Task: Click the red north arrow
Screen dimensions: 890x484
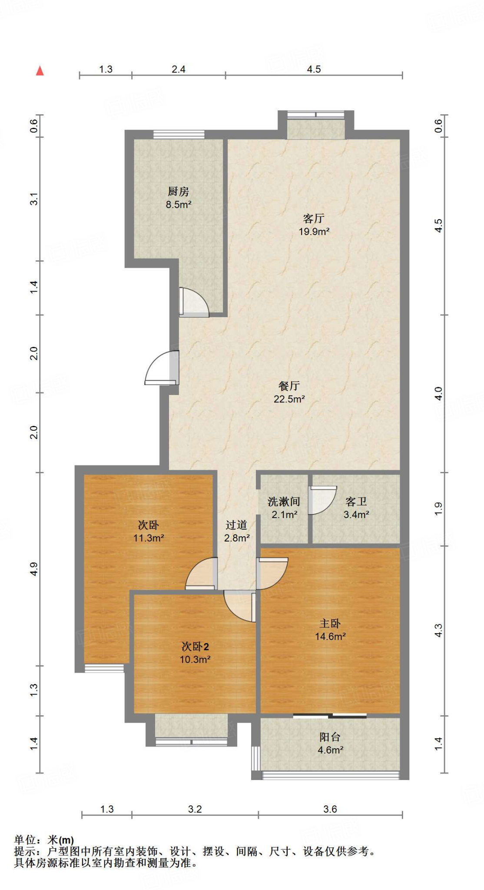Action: click(40, 70)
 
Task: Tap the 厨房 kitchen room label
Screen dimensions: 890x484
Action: click(178, 191)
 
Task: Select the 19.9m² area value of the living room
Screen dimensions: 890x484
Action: click(314, 232)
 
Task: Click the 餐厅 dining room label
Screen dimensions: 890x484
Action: click(289, 385)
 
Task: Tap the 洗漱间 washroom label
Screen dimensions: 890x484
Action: click(284, 502)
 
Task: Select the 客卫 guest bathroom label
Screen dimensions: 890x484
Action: click(356, 502)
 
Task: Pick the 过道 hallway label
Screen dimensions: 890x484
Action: click(236, 525)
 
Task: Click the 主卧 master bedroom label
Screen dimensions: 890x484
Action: click(330, 624)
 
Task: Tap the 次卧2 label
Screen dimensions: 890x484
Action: click(195, 647)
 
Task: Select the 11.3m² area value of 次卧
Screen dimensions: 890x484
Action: click(149, 538)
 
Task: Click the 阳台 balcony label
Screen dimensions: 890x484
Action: click(330, 737)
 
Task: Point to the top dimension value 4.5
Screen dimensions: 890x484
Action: click(314, 70)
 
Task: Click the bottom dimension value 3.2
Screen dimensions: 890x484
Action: click(195, 809)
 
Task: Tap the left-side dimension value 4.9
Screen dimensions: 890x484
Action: click(34, 568)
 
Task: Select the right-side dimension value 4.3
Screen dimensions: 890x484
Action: click(438, 630)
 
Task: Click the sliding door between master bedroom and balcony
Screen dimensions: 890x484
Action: click(330, 716)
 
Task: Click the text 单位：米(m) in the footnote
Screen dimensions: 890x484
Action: click(44, 840)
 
